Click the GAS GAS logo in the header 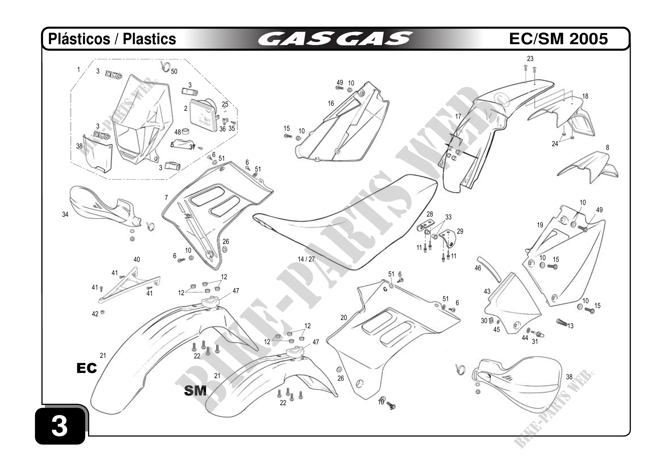[335, 39]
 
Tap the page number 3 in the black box [60, 427]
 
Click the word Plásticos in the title [79, 39]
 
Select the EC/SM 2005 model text [558, 39]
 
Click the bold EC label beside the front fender [86, 368]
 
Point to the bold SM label [195, 391]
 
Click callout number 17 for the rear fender [458, 117]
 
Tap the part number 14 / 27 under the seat [306, 259]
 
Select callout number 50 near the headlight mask [174, 72]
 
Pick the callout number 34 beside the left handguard [65, 215]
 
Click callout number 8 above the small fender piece [607, 148]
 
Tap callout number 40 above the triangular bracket [137, 260]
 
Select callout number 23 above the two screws [530, 59]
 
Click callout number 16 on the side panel [331, 103]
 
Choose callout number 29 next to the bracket [460, 231]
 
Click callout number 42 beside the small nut [95, 314]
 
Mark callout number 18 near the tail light [585, 96]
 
